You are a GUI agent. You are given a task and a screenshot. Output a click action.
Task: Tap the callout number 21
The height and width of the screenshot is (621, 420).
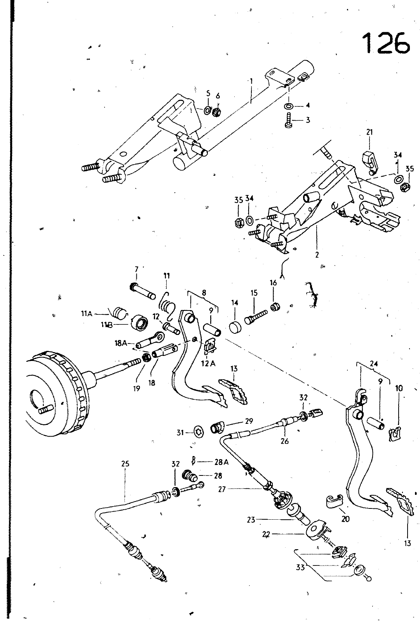(369, 132)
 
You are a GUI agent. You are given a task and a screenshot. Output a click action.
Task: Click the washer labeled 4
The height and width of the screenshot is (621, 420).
(289, 106)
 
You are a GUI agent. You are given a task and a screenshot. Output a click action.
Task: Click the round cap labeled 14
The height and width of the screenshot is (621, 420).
(235, 327)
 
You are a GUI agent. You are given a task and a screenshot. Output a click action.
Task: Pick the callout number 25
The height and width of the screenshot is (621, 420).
(125, 464)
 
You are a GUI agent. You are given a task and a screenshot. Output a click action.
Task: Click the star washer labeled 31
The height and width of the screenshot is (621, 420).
(198, 432)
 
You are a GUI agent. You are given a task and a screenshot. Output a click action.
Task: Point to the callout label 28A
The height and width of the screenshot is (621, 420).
(220, 461)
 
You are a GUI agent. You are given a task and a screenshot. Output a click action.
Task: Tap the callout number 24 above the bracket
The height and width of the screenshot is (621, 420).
(374, 364)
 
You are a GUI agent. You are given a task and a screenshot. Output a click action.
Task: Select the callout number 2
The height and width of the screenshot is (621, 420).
(317, 255)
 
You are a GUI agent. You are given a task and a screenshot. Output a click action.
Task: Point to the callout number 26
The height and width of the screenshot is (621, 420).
(284, 441)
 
